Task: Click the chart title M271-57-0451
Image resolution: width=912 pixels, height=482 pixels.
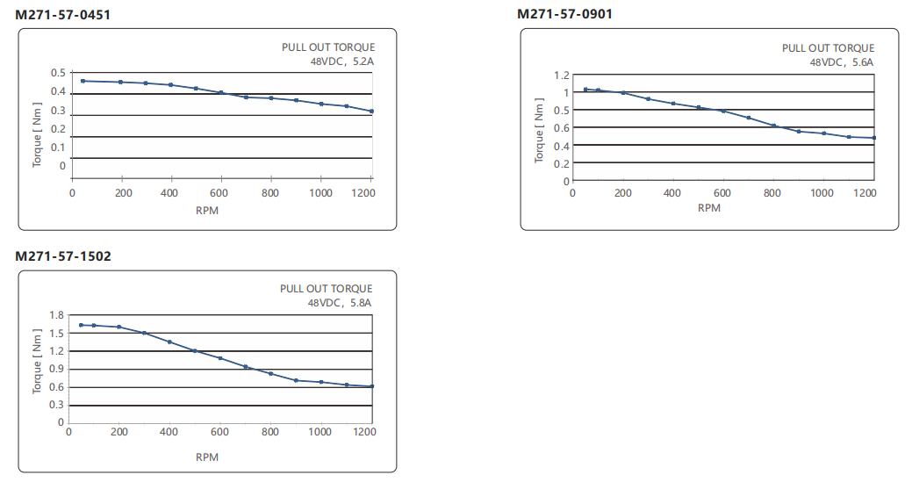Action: (63, 15)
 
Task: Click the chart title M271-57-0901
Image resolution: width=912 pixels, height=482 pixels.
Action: (564, 14)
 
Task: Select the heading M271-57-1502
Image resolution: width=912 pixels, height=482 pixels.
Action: (63, 256)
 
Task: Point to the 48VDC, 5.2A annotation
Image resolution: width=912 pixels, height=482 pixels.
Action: (342, 61)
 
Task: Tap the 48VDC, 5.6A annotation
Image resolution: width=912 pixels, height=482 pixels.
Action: (842, 62)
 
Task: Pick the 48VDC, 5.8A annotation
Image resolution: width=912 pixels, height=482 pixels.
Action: (340, 303)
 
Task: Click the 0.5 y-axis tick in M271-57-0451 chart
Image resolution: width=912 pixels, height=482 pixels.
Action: (58, 73)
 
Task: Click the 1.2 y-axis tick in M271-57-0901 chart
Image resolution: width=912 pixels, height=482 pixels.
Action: (559, 76)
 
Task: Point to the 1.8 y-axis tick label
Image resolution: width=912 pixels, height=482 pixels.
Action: (57, 315)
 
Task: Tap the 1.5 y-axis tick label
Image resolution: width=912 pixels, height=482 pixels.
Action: (57, 334)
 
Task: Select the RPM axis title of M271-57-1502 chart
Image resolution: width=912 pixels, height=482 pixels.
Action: (207, 457)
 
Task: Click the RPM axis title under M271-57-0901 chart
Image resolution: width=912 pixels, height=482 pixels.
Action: (708, 208)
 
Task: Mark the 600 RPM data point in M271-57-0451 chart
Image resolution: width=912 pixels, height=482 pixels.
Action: (221, 92)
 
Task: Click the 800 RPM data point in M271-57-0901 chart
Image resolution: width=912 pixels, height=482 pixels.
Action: (773, 126)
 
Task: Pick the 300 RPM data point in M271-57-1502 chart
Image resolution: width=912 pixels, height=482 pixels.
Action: (144, 333)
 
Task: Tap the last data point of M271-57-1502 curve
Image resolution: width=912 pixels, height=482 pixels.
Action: (372, 386)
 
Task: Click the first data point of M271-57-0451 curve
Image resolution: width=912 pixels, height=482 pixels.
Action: (83, 81)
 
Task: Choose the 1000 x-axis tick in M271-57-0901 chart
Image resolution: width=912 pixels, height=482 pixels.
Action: (822, 193)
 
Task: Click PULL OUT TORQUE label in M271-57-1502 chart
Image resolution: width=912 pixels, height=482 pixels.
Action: (327, 289)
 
